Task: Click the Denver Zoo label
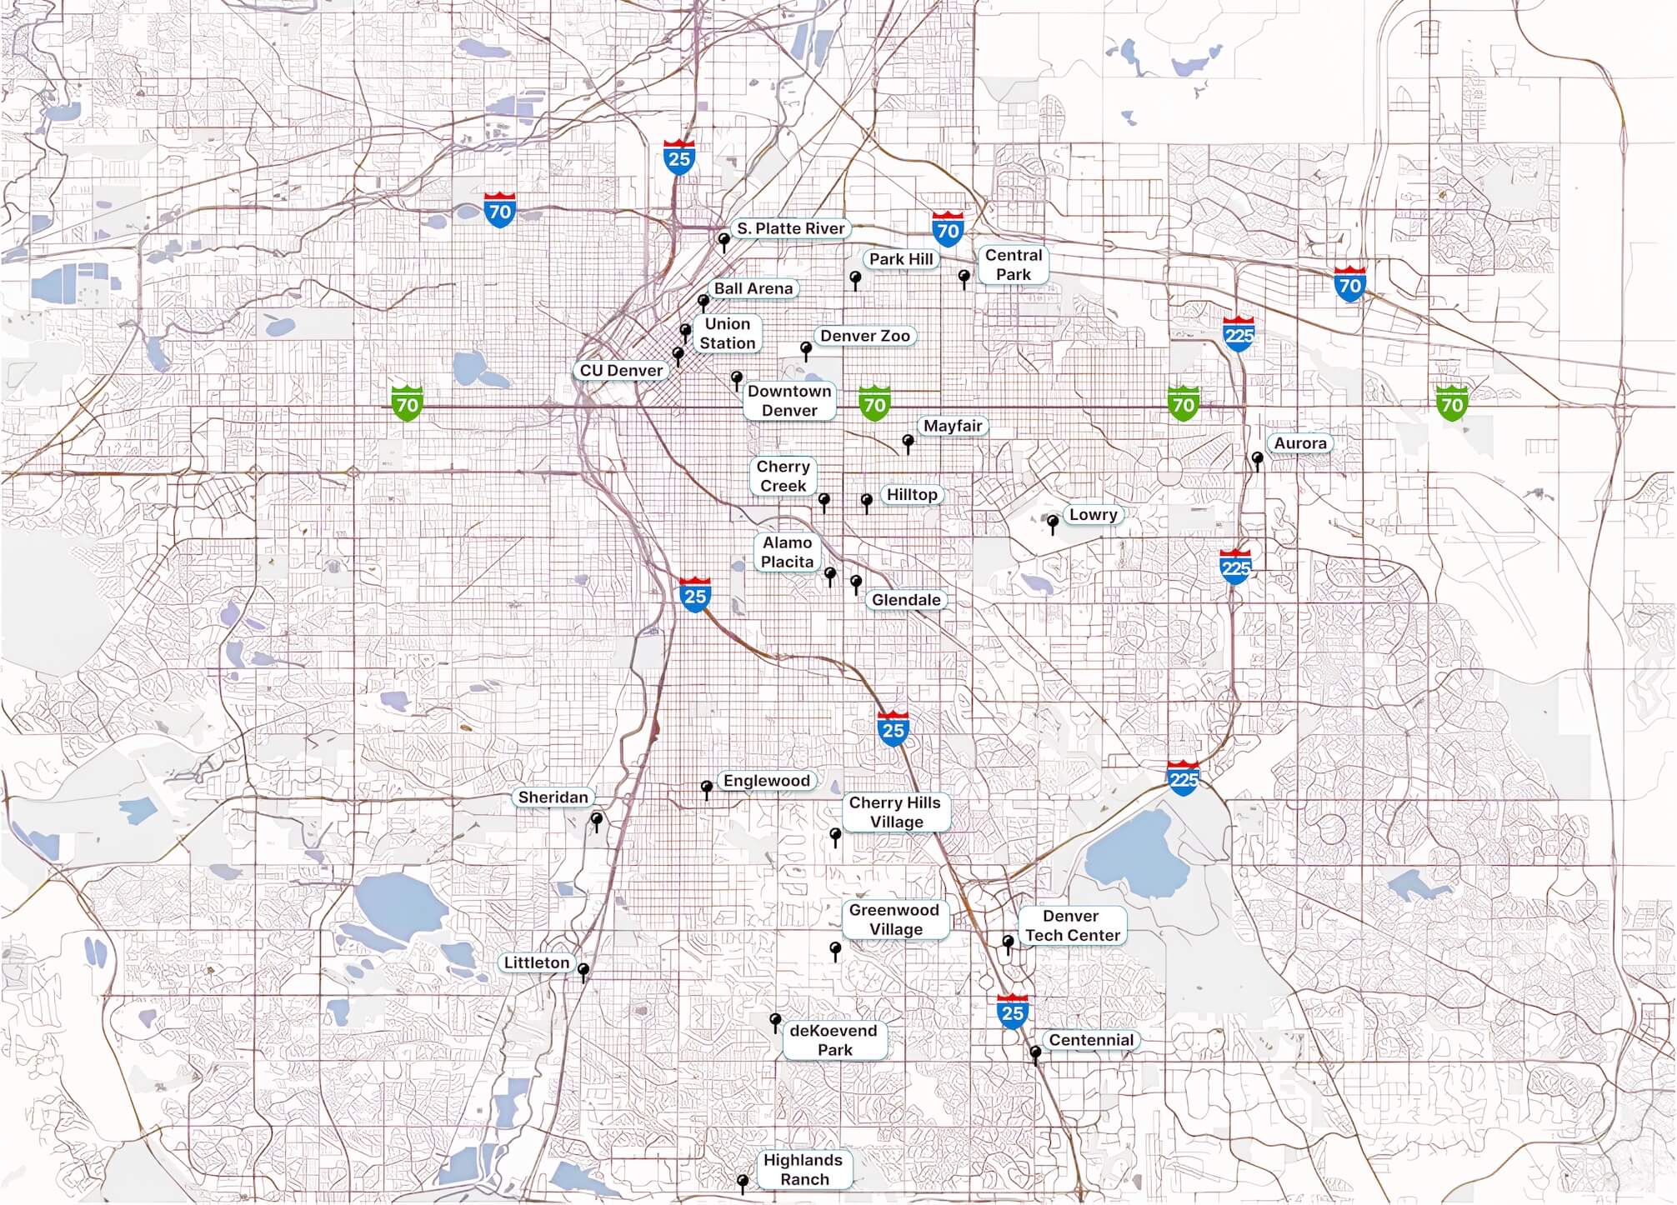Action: tap(864, 336)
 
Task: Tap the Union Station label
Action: tap(727, 333)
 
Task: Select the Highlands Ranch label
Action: tap(803, 1169)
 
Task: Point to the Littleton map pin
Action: tap(583, 970)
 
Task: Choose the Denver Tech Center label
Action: tap(1072, 925)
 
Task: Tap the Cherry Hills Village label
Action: tap(895, 812)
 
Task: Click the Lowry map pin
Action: tap(1053, 522)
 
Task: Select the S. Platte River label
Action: tap(790, 228)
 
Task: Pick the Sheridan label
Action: tap(553, 797)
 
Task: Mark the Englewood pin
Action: tap(707, 787)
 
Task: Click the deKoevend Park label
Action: tap(833, 1040)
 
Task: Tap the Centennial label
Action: tap(1090, 1040)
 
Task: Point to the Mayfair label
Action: tap(953, 426)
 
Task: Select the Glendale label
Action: tap(905, 600)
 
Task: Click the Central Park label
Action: tap(1013, 265)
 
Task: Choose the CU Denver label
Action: tap(621, 370)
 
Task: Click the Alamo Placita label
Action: tap(787, 552)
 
